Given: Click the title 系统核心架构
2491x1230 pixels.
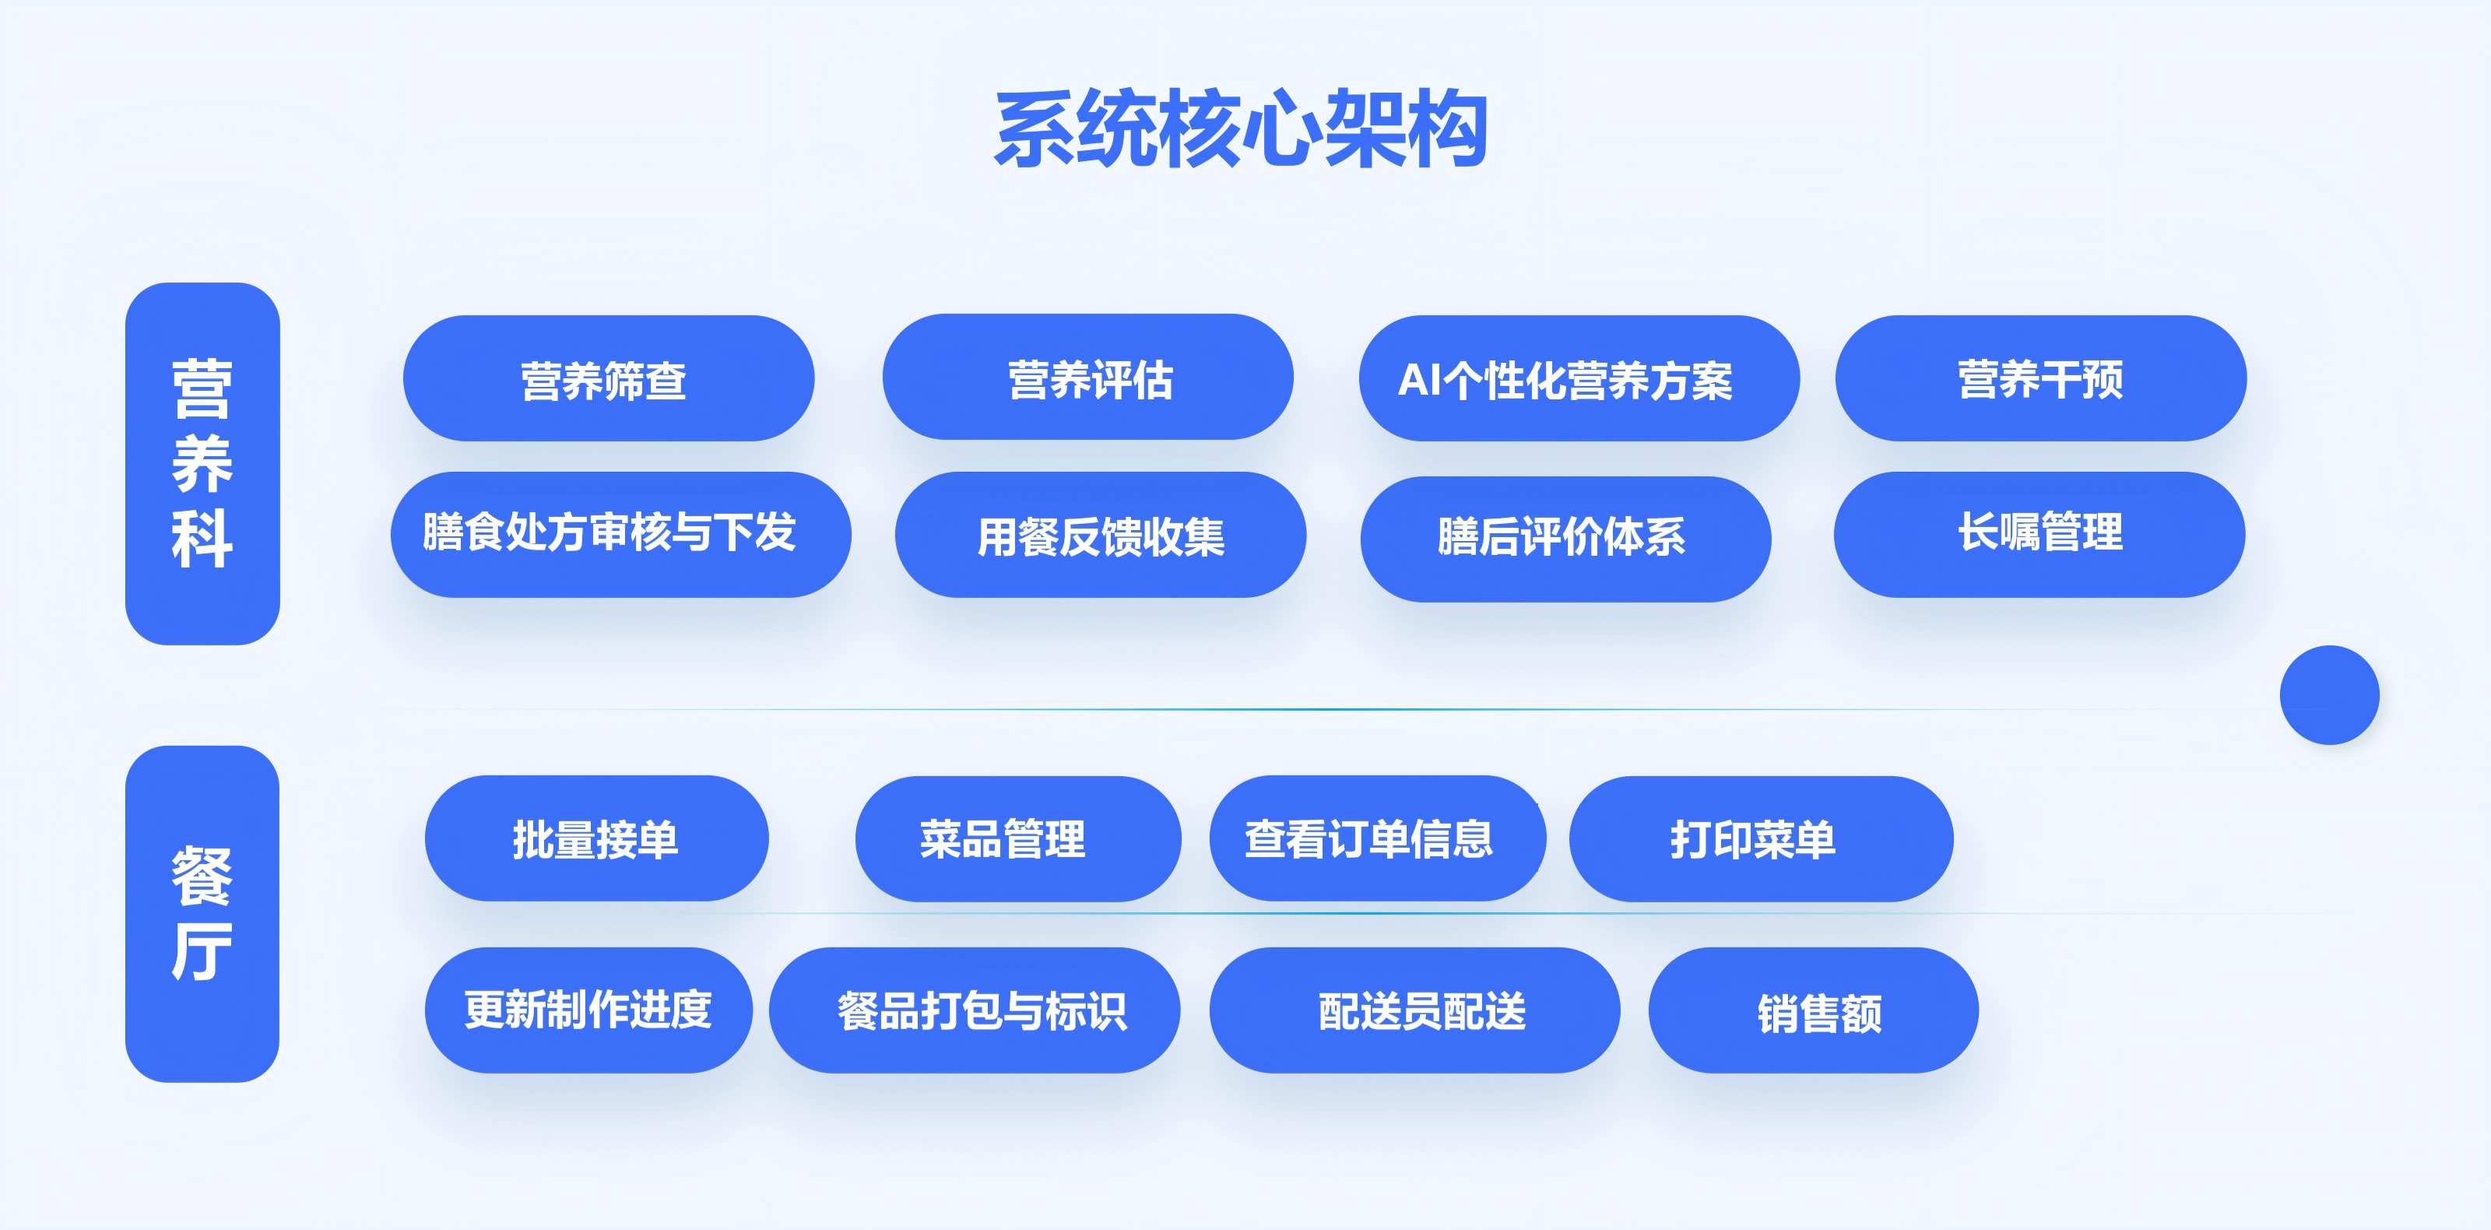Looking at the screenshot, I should coord(1241,128).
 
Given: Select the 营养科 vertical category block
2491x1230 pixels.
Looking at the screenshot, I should coord(202,463).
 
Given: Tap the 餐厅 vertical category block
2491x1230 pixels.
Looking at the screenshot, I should coord(202,913).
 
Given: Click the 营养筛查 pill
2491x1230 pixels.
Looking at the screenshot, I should coord(608,378).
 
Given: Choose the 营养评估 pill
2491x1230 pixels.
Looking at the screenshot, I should coord(1088,377).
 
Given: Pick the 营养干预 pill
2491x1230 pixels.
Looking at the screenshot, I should coord(2040,378).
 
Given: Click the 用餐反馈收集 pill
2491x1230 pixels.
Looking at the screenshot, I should coord(1101,535).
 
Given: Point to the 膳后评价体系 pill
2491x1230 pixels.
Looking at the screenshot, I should coord(1565,539).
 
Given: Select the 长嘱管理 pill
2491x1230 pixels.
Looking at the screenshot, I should coord(2039,534).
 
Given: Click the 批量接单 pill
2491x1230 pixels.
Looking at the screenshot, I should coord(596,838).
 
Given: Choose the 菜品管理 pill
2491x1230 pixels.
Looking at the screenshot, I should coord(1017,838).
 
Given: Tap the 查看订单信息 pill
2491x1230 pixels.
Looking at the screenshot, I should coord(1376,838).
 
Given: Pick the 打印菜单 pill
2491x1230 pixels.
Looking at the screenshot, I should coord(1760,838).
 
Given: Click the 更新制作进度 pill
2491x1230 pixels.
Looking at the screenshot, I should coord(588,1010).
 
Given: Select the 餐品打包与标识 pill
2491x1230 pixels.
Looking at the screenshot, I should coord(974,1010).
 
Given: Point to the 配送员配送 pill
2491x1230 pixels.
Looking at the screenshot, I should coord(1414,1010).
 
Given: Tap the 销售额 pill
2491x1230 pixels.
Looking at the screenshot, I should coord(1813,1010).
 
